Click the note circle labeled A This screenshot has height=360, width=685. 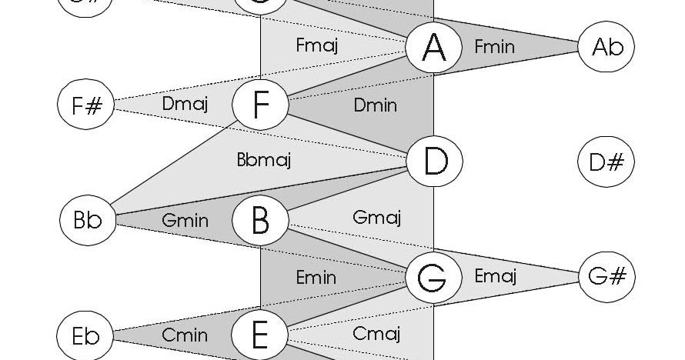[435, 47]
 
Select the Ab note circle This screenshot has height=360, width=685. [606, 47]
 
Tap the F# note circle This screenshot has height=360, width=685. [86, 104]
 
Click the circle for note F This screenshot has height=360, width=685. [260, 105]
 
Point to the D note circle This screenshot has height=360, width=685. [435, 162]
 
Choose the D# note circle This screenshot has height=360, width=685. [606, 162]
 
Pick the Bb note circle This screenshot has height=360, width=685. [87, 219]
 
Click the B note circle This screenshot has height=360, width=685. [260, 220]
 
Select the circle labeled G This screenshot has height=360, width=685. [435, 277]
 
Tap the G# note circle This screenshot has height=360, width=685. [606, 276]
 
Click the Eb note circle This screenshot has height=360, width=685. [86, 335]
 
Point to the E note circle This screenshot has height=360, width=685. [260, 335]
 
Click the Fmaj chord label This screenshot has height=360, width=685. [317, 45]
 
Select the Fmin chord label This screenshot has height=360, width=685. [494, 47]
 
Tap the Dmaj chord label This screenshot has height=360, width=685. [185, 102]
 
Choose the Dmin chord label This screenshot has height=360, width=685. [376, 104]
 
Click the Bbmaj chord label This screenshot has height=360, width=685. [263, 161]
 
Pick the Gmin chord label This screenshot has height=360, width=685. [185, 220]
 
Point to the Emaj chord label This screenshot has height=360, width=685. [495, 275]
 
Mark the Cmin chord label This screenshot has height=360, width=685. [185, 335]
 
